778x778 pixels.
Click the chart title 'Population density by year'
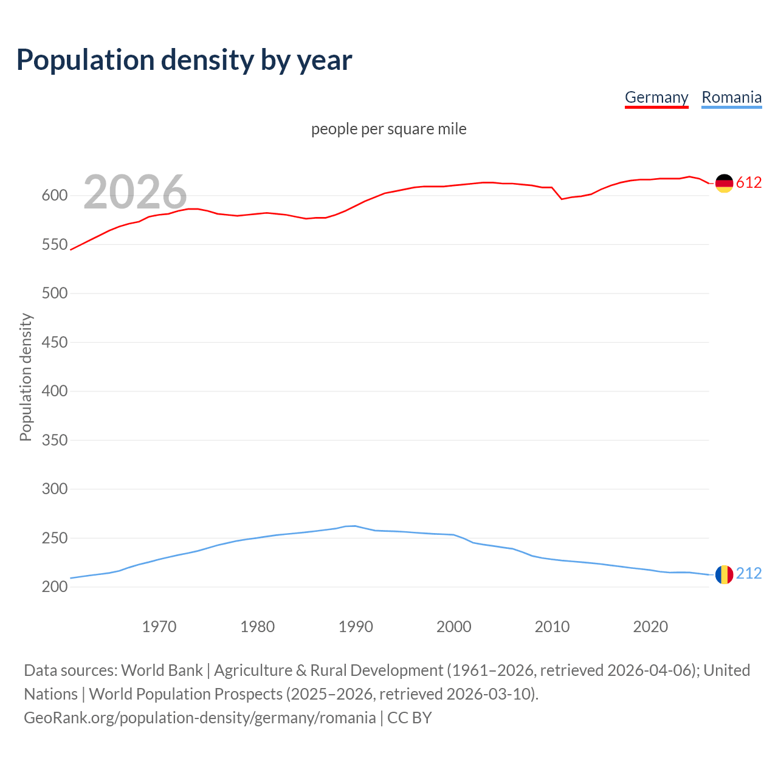tap(184, 60)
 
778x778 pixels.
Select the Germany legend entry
tap(656, 97)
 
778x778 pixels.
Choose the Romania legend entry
tap(731, 97)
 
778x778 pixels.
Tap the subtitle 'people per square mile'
tap(389, 129)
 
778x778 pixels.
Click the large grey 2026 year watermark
tap(135, 192)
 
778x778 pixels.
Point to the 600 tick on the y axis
tap(55, 196)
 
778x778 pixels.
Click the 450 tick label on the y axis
tap(55, 342)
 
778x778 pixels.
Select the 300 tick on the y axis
tap(55, 489)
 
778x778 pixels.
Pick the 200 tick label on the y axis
tap(55, 587)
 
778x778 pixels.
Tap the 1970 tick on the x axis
tap(159, 627)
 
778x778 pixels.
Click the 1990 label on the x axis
tap(356, 627)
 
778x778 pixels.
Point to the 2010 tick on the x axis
tap(552, 627)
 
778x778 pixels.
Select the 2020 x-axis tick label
tap(650, 627)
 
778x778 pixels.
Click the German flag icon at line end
tap(724, 183)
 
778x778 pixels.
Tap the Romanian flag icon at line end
tap(724, 574)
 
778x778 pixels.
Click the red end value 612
tap(749, 183)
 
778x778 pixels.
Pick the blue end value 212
tap(749, 574)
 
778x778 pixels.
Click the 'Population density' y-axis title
tap(26, 377)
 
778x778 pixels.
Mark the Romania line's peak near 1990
tap(354, 526)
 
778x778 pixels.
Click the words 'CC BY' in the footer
tap(410, 718)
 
